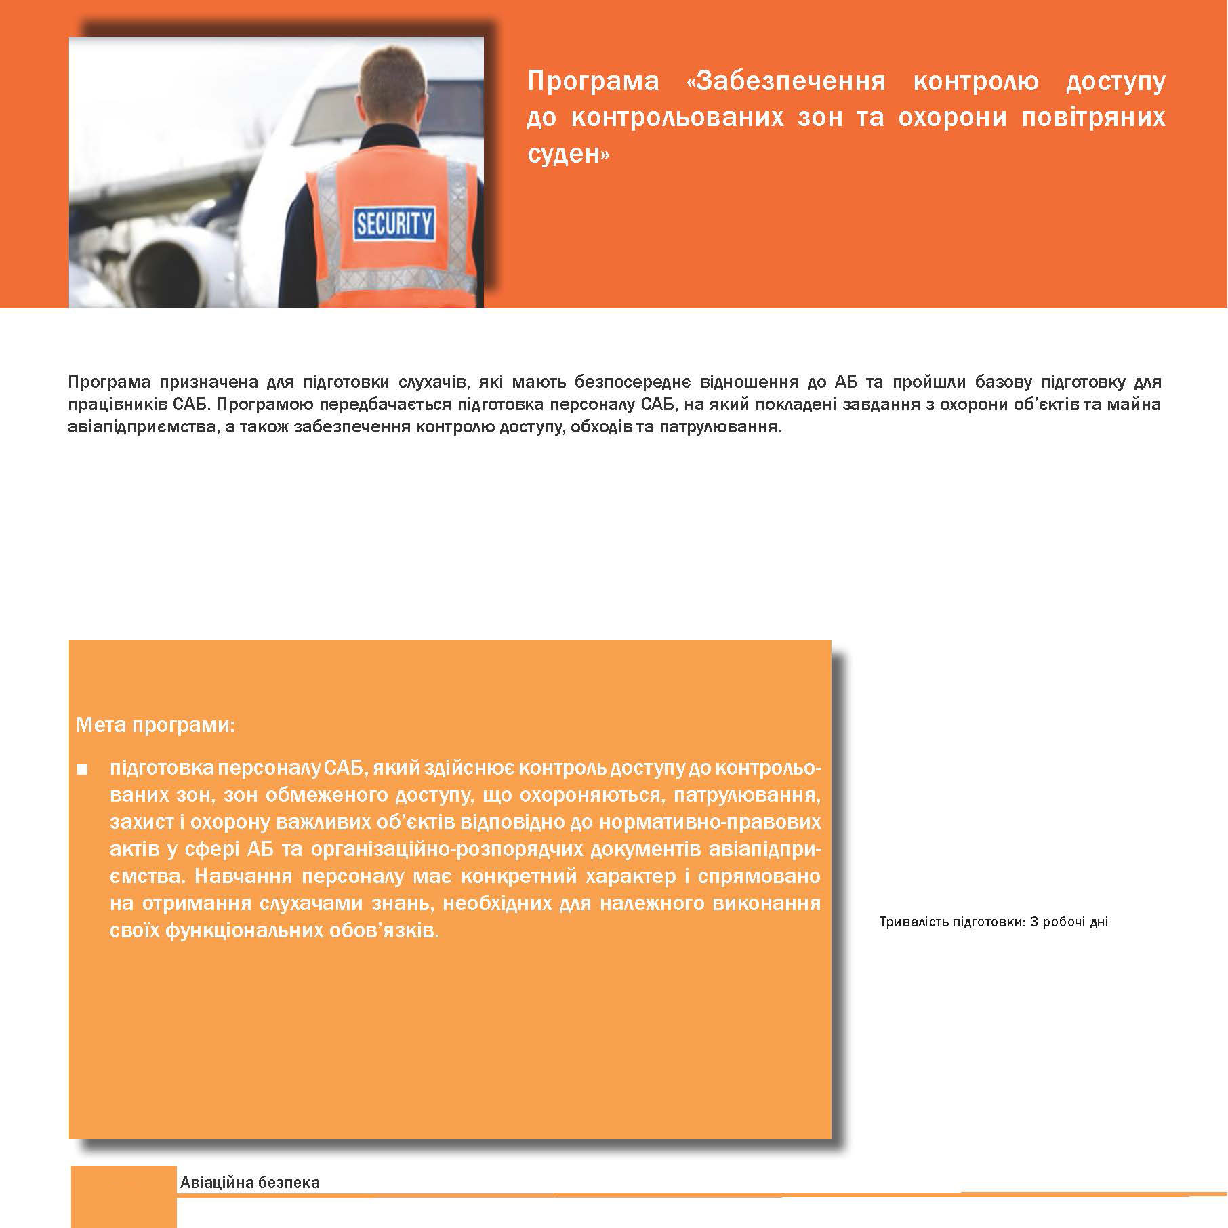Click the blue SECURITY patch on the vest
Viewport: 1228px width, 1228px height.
[x=394, y=223]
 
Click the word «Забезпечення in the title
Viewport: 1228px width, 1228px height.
[x=786, y=81]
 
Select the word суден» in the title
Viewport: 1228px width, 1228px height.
[x=569, y=155]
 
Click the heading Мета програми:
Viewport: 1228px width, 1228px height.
[x=155, y=725]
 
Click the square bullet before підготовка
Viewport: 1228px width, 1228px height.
[x=83, y=770]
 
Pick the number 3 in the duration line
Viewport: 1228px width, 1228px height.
[x=1033, y=922]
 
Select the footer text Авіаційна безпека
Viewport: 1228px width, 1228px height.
[x=249, y=1183]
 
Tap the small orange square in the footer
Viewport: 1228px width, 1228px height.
[x=123, y=1196]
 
